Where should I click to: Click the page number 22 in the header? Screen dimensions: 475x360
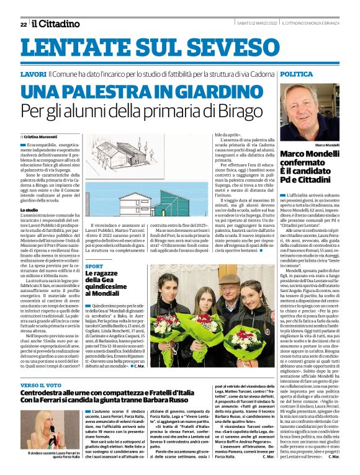pyautogui.click(x=24, y=24)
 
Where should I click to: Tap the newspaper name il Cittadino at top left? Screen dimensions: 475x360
pyautogui.click(x=56, y=24)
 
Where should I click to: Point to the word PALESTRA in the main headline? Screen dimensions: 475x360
pyautogui.click(x=125, y=92)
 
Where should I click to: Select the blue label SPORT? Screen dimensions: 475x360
pyautogui.click(x=94, y=265)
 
